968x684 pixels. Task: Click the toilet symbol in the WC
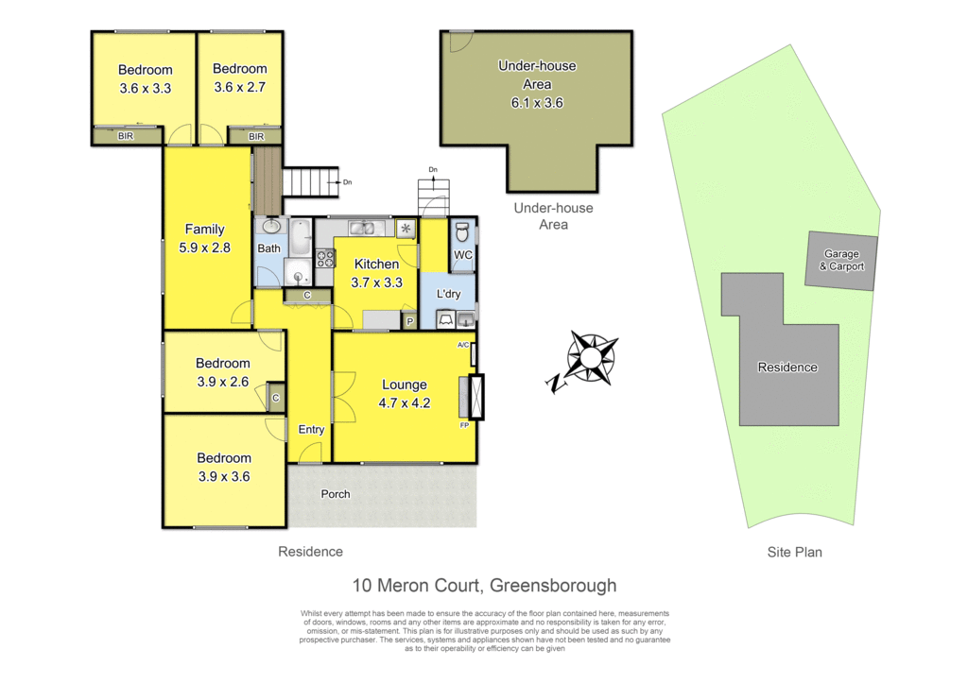(462, 231)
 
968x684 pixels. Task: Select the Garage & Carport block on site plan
(841, 260)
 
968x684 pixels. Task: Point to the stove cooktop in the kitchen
(325, 258)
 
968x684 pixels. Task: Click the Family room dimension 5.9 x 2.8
(204, 248)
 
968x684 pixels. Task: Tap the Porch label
(336, 494)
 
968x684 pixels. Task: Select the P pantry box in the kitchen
(409, 321)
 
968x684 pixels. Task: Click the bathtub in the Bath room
(301, 236)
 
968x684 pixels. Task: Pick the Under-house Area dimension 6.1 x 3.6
(537, 103)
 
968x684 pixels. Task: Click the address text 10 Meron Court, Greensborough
(484, 585)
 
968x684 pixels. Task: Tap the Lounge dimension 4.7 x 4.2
(405, 403)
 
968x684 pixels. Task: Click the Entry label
(311, 429)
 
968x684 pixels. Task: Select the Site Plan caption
(794, 552)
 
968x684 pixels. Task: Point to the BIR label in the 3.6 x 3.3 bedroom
(126, 136)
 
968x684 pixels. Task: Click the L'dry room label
(448, 294)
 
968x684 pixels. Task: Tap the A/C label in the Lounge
(463, 345)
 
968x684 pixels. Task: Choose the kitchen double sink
(362, 229)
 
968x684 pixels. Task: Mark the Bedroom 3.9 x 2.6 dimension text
(223, 383)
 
